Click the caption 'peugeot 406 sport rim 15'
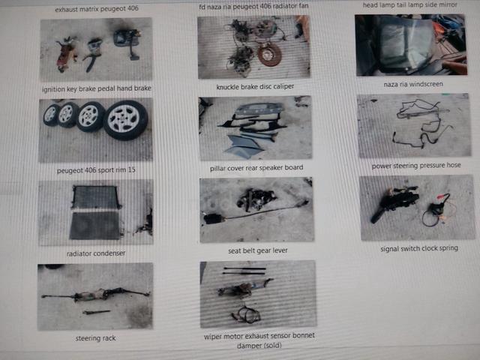(x=96, y=170)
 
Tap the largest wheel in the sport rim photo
(x=125, y=120)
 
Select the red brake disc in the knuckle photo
(x=269, y=54)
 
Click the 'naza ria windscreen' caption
(x=413, y=84)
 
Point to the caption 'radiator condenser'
(x=96, y=253)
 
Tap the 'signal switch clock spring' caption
(x=419, y=248)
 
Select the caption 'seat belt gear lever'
(x=258, y=250)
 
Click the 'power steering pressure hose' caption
(x=416, y=165)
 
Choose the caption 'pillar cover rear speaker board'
(x=256, y=168)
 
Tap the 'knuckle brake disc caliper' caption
(x=255, y=87)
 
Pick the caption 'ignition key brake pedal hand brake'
(x=97, y=88)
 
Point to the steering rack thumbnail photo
(x=95, y=296)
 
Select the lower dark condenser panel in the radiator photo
(x=95, y=225)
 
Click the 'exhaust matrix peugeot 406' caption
(x=97, y=9)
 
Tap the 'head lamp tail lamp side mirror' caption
(x=410, y=5)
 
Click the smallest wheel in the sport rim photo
(x=51, y=115)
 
